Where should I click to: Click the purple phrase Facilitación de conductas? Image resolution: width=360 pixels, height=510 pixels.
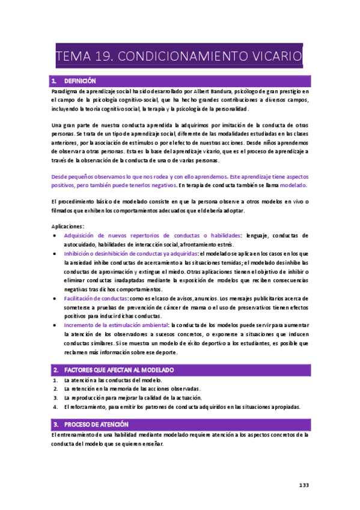click(x=96, y=298)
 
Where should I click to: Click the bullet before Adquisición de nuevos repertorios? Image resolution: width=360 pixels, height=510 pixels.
click(x=55, y=236)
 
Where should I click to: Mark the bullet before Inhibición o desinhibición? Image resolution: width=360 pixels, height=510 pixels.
click(x=55, y=254)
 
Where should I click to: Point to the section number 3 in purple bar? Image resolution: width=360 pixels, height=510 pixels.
click(x=55, y=424)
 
